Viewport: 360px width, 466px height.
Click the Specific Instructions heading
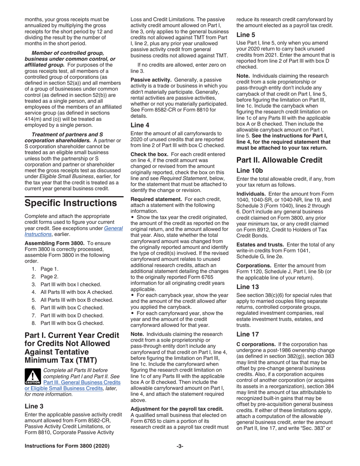coord(70,203)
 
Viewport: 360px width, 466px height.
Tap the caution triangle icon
coord(34,377)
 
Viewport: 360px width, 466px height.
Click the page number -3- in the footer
coord(180,446)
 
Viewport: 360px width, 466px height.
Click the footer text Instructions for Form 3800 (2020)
coord(67,446)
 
